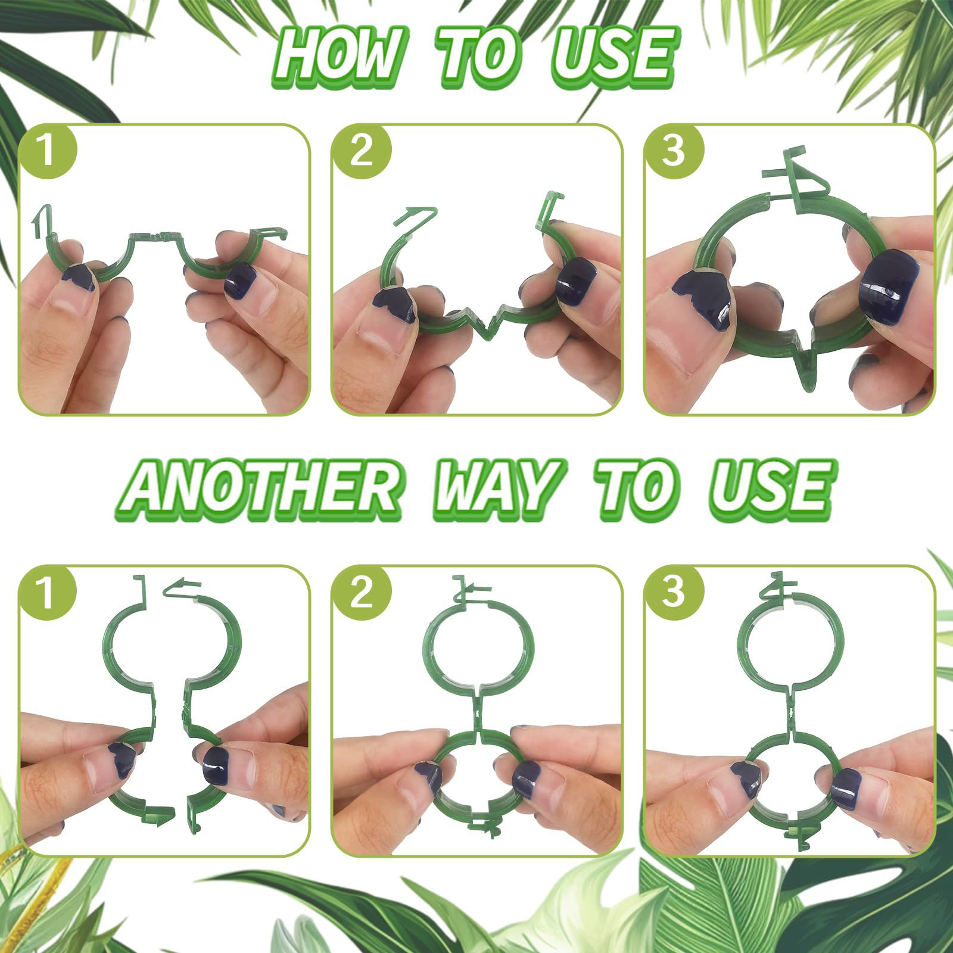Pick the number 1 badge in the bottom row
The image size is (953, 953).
click(48, 594)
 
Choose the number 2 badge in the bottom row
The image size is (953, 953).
click(362, 594)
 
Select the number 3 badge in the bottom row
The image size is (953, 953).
click(674, 594)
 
